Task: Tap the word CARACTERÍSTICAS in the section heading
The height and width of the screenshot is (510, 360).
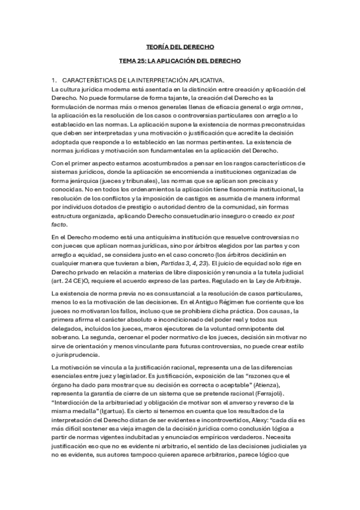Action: click(90, 79)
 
